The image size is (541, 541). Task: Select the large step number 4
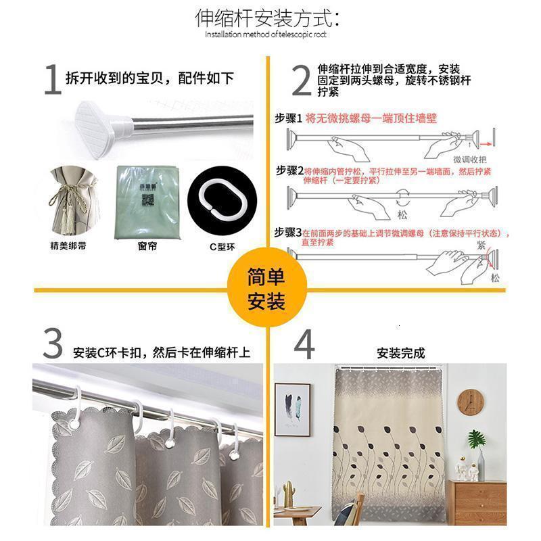pos(304,345)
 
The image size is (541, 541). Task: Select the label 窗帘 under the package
pos(147,247)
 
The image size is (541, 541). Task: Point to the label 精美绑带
pos(68,247)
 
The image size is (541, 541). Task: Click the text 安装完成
pos(400,352)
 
